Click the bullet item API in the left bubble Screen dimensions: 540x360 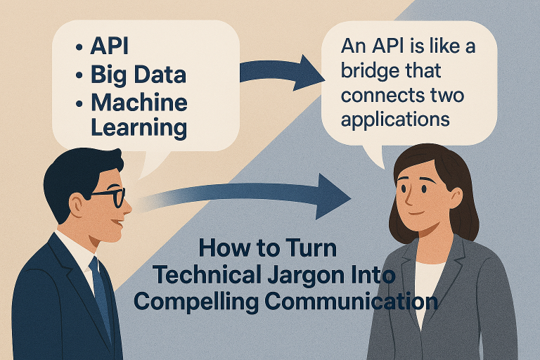point(109,46)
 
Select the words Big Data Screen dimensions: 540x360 point(139,75)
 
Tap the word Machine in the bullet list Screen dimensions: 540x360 point(139,102)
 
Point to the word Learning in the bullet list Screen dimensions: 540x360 point(139,128)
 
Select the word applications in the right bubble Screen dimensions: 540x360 point(395,120)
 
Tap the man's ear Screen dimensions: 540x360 point(76,205)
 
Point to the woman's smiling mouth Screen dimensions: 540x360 point(416,212)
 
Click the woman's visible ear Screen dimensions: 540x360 point(456,198)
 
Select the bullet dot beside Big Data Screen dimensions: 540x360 point(79,75)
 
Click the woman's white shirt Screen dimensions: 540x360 point(426,287)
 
